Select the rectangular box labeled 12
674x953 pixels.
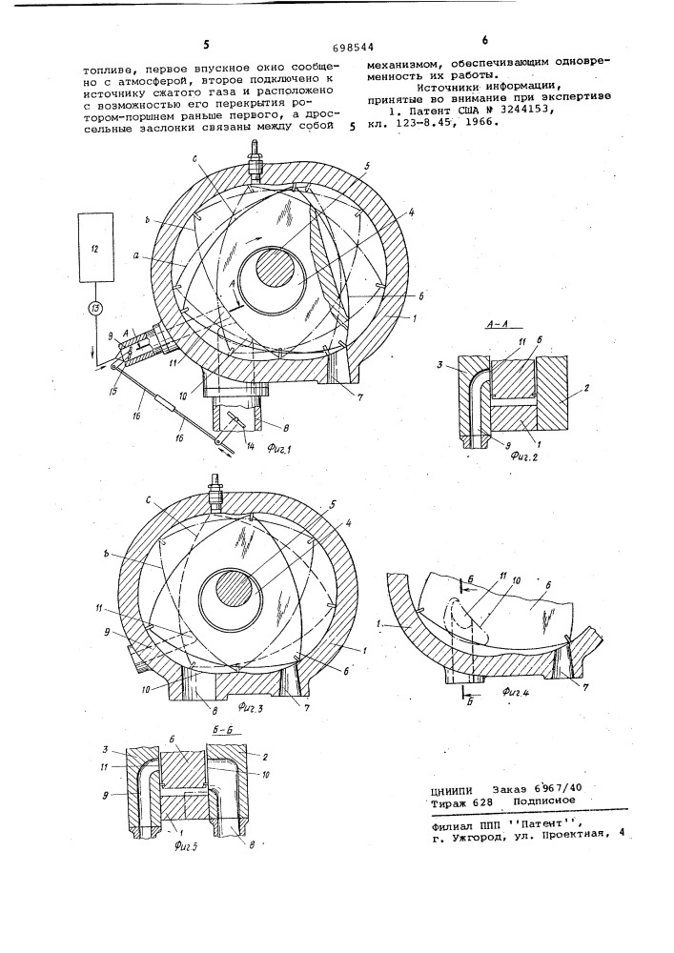coord(96,247)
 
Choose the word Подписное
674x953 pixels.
coord(544,801)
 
